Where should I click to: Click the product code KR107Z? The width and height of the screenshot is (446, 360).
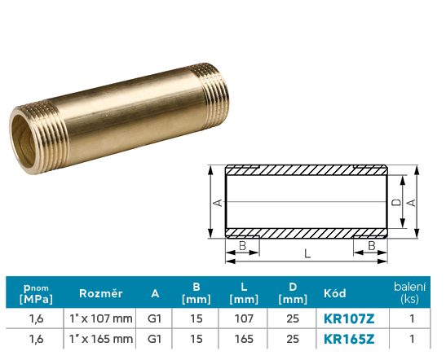tap(349, 318)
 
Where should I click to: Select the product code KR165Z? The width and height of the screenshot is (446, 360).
tap(349, 339)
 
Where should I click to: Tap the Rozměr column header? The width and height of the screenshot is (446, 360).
tap(100, 293)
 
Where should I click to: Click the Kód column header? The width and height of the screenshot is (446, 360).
tap(335, 293)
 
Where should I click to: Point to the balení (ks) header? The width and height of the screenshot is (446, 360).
tap(409, 292)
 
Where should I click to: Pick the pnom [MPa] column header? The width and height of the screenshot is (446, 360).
tap(36, 294)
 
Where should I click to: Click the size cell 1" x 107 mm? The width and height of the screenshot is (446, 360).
tap(101, 318)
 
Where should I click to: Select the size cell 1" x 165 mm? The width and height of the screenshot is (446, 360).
tap(101, 339)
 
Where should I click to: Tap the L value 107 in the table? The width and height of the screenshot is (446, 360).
tap(244, 318)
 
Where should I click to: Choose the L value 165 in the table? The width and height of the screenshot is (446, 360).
tap(244, 339)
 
